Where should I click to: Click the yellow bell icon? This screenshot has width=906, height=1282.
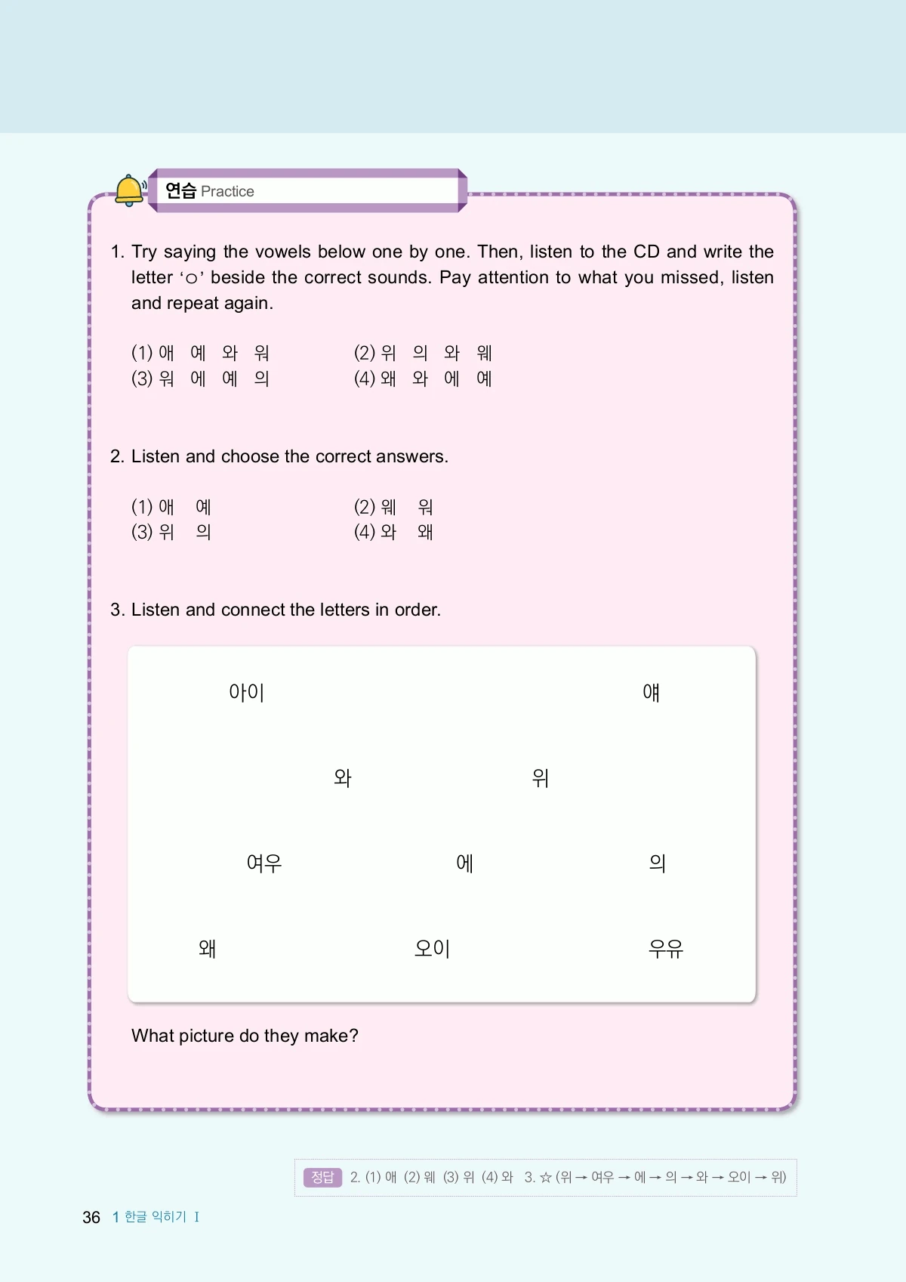pos(130,190)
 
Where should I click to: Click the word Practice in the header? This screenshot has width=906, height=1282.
pos(227,192)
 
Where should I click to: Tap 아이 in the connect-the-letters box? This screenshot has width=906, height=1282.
pos(247,692)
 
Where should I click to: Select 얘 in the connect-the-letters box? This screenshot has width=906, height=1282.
pos(651,692)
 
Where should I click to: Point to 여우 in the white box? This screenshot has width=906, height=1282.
pos(264,863)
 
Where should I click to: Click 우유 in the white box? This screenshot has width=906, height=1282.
pos(666,948)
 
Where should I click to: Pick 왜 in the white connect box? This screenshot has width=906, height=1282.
pos(208,948)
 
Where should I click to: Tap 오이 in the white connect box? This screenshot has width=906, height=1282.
pos(433,948)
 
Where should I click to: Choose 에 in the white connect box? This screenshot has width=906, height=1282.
pos(465,863)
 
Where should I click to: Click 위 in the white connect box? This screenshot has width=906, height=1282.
pos(541,777)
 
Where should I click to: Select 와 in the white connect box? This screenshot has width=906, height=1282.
pos(343,777)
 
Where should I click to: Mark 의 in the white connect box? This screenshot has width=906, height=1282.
pos(658,863)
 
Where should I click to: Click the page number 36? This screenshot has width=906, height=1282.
pos(91,1217)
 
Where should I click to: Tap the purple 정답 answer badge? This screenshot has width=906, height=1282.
pos(322,1177)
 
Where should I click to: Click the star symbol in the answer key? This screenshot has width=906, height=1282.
pos(545,1177)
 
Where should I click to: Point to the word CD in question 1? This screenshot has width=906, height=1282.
pos(646,252)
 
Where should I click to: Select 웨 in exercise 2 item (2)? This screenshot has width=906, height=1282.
pos(389,506)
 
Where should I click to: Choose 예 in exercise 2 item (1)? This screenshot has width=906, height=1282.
pos(203,506)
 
